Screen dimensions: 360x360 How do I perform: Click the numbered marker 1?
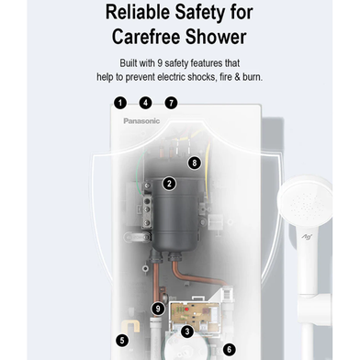coord(120,103)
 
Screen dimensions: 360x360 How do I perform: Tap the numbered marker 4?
coord(146,103)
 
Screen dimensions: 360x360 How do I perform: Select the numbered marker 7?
coord(172,103)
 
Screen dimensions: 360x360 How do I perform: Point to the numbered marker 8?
coord(195,163)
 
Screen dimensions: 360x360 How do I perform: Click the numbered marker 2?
coord(169,184)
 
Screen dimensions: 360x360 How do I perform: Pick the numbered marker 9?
coord(158,309)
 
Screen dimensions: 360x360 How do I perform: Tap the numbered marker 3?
coord(187,332)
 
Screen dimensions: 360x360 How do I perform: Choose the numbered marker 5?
coord(122,340)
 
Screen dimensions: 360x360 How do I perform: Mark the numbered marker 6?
coord(230,349)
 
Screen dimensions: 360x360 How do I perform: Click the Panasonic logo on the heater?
coord(141,121)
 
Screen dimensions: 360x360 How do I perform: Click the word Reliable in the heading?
coord(138,12)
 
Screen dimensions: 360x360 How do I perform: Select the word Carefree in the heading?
coord(146,37)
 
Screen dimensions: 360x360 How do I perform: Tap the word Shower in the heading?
coord(216,37)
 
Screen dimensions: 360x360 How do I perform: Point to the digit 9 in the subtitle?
coord(160,63)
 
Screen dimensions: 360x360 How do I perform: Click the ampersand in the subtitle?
coord(237,77)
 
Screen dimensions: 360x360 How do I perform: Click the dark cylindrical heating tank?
coord(176,214)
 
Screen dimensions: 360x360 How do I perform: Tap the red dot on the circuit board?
coord(186,309)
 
